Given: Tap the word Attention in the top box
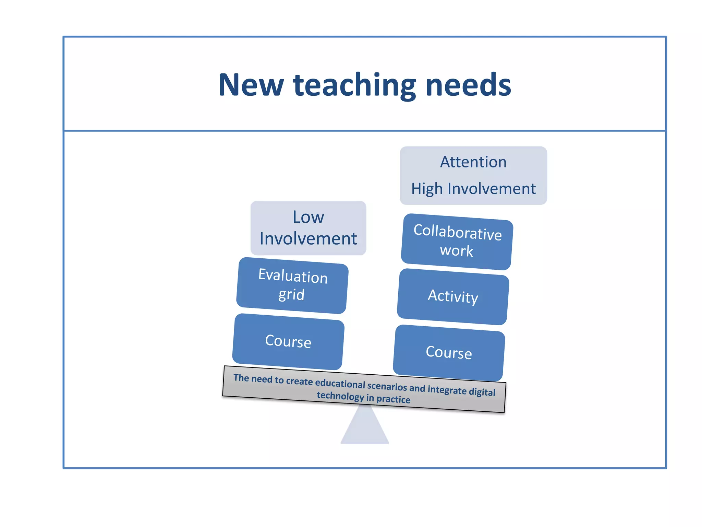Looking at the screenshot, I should click(473, 162).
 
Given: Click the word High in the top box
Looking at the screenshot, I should click(427, 189).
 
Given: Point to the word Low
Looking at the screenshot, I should click(308, 217).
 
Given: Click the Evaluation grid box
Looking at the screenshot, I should click(292, 285).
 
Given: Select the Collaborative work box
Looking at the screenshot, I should click(457, 242).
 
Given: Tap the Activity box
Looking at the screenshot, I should click(453, 296).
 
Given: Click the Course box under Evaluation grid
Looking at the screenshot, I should click(288, 341).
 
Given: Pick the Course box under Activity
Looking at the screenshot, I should click(449, 353).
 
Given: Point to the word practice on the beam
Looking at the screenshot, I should click(393, 399).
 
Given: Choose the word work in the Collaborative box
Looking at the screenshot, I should click(456, 251).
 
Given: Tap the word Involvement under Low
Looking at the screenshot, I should click(308, 238).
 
